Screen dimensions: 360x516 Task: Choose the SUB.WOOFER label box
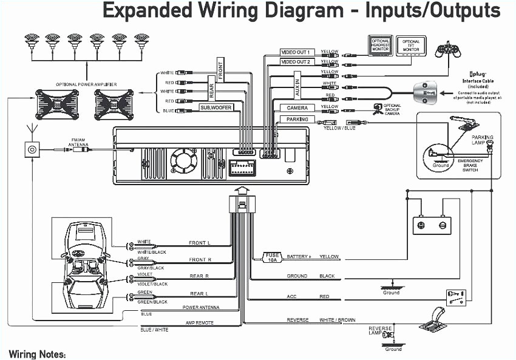pos(217,107)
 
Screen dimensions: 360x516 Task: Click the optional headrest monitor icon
pos(381,45)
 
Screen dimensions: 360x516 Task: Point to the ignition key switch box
pos(457,296)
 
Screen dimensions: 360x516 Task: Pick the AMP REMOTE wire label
pos(199,323)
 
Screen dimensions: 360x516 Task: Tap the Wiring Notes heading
pos(38,354)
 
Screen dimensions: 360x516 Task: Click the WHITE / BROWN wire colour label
pos(338,320)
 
